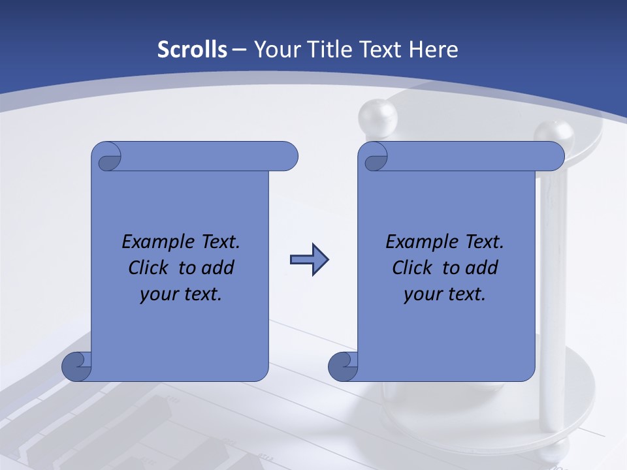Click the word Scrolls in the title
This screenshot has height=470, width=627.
[192, 50]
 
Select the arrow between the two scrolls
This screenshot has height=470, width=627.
[309, 260]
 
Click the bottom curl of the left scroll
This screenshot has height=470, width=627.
[76, 367]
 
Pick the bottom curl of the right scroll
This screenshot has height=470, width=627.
[343, 367]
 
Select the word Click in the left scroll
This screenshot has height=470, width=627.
[148, 268]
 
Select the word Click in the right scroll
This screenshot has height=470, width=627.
[411, 268]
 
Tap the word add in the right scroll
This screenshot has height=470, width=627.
[483, 268]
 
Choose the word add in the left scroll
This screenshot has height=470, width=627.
[219, 268]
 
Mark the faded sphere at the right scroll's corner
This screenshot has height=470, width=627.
[553, 134]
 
